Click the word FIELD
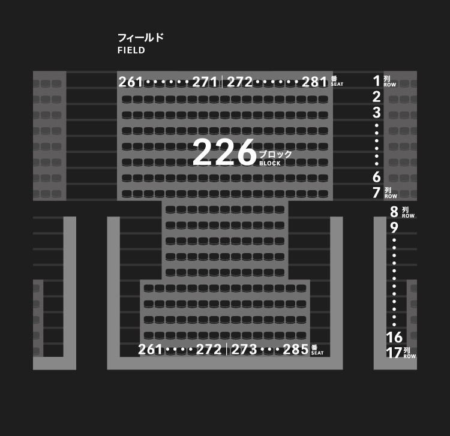[x=131, y=50]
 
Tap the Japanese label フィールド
[x=140, y=38]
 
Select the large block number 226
[x=224, y=152]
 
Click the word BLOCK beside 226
[x=270, y=163]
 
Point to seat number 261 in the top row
[x=131, y=82]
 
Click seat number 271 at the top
[x=205, y=82]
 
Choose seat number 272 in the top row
[x=239, y=82]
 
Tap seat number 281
[x=314, y=82]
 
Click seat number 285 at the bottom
[x=296, y=350]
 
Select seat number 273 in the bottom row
[x=244, y=350]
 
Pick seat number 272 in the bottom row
[x=209, y=350]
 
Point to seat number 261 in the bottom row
[x=151, y=350]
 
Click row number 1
[x=377, y=81]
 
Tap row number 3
[x=377, y=112]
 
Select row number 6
[x=377, y=177]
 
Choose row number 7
[x=377, y=193]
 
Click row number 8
[x=394, y=212]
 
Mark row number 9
[x=394, y=228]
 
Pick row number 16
[x=394, y=337]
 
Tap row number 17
[x=394, y=353]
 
